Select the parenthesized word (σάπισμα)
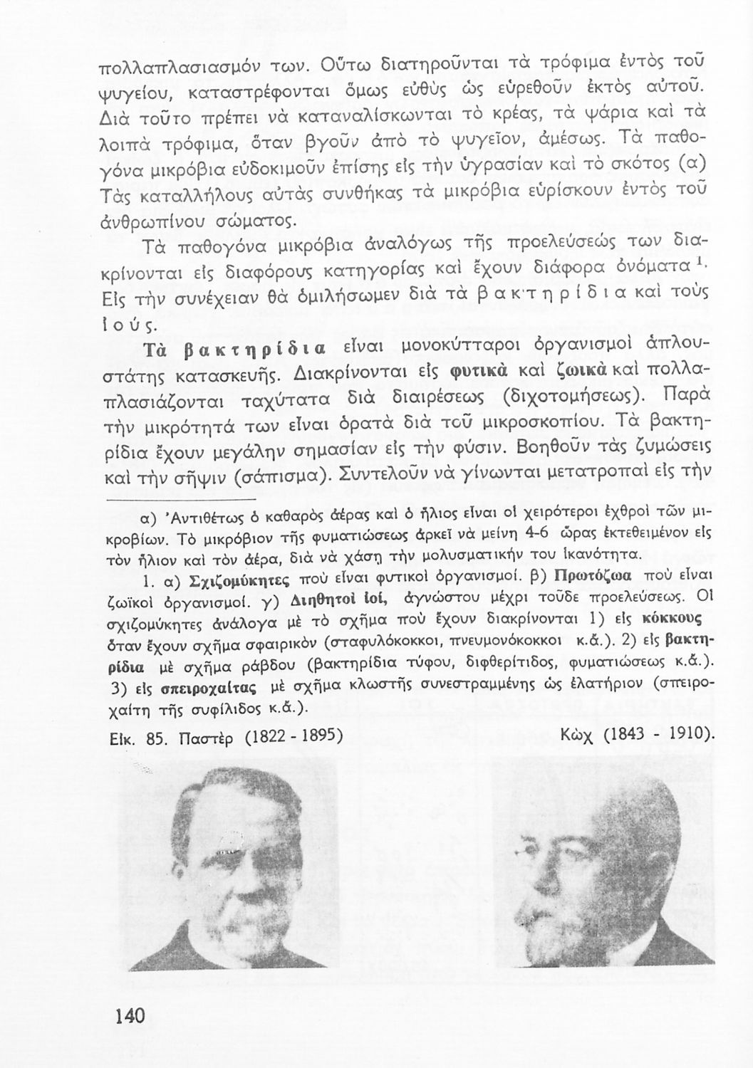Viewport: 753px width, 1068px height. tap(276, 475)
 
